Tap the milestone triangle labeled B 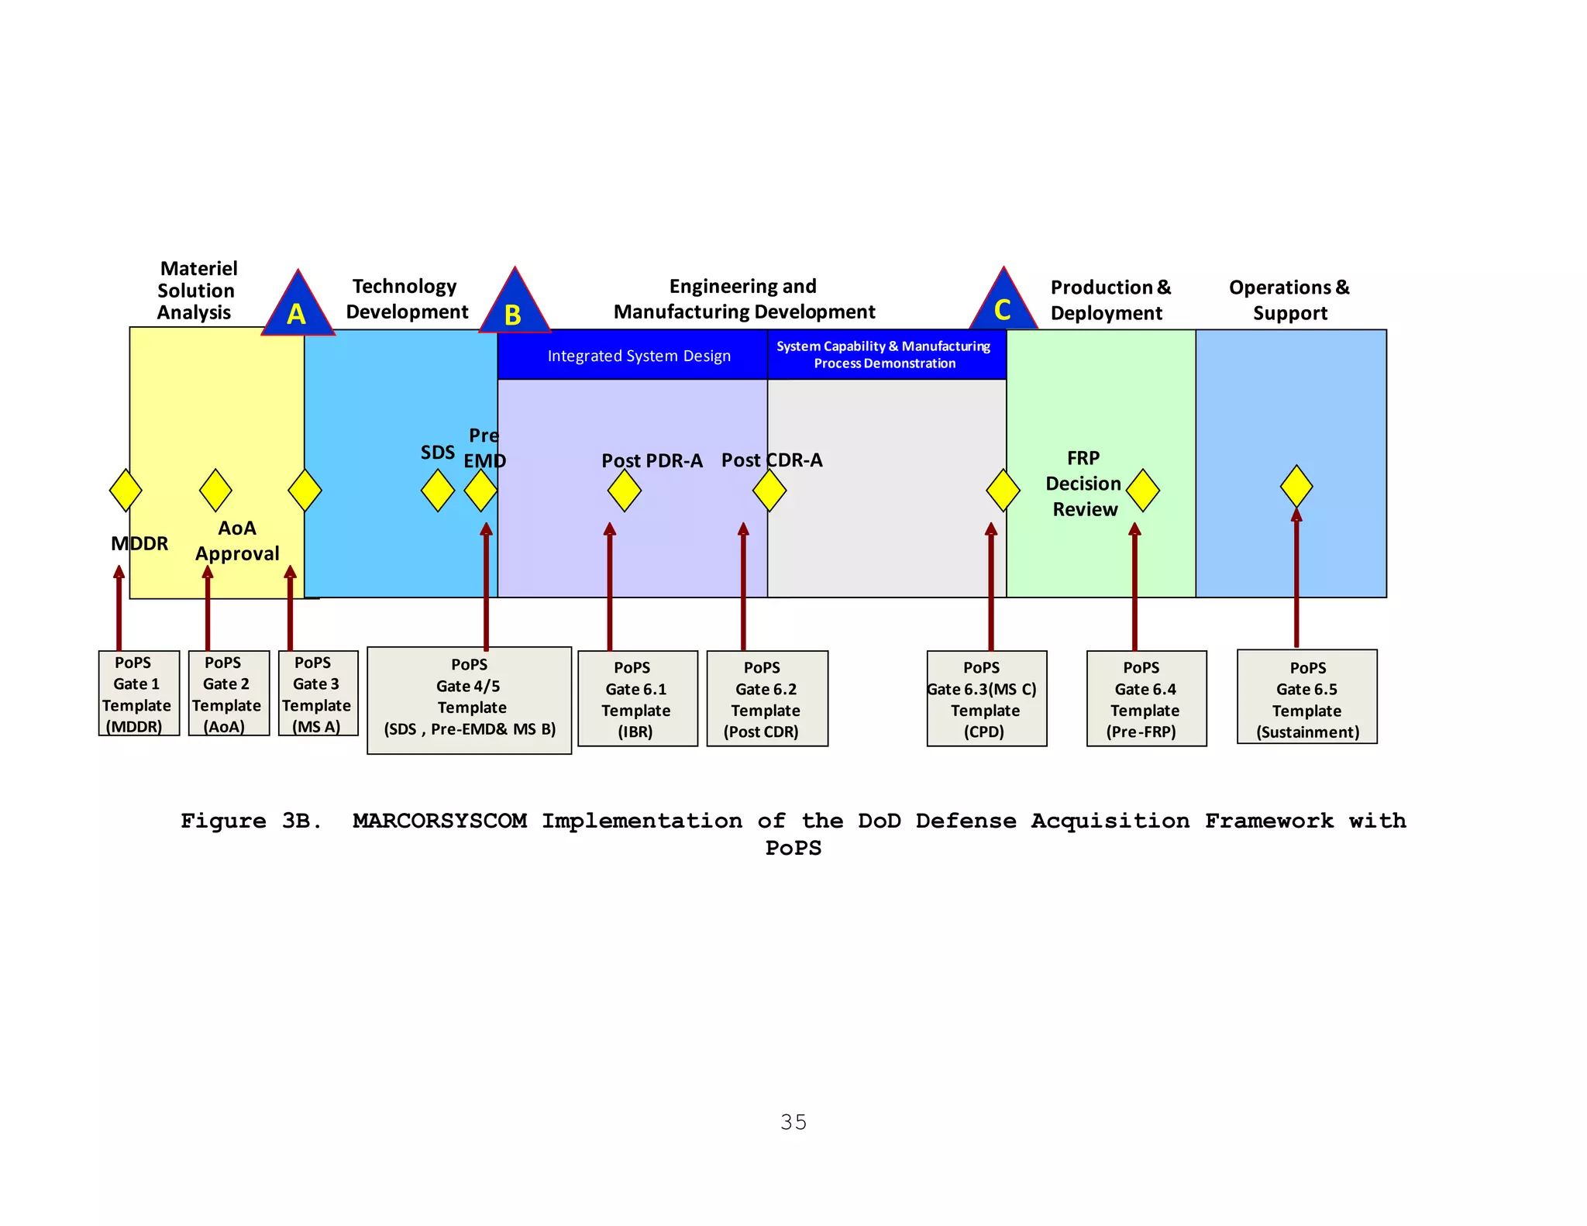[x=515, y=307]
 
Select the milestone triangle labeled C [x=1003, y=305]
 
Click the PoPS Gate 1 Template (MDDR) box [x=139, y=694]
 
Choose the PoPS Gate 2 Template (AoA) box [x=229, y=694]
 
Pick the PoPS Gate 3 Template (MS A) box [x=318, y=694]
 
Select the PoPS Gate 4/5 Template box [x=470, y=700]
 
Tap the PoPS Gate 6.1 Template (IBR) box [x=637, y=699]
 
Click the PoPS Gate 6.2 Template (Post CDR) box [x=767, y=699]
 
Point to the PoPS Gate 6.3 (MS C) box [x=986, y=699]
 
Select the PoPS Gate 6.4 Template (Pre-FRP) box [x=1146, y=699]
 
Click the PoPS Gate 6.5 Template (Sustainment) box [x=1306, y=697]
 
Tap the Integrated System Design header [x=639, y=356]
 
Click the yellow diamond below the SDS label [x=438, y=491]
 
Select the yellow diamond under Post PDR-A [x=625, y=491]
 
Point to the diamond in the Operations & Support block [x=1296, y=487]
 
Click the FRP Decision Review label [x=1083, y=484]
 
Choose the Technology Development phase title [x=406, y=299]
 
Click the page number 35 [x=793, y=1122]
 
